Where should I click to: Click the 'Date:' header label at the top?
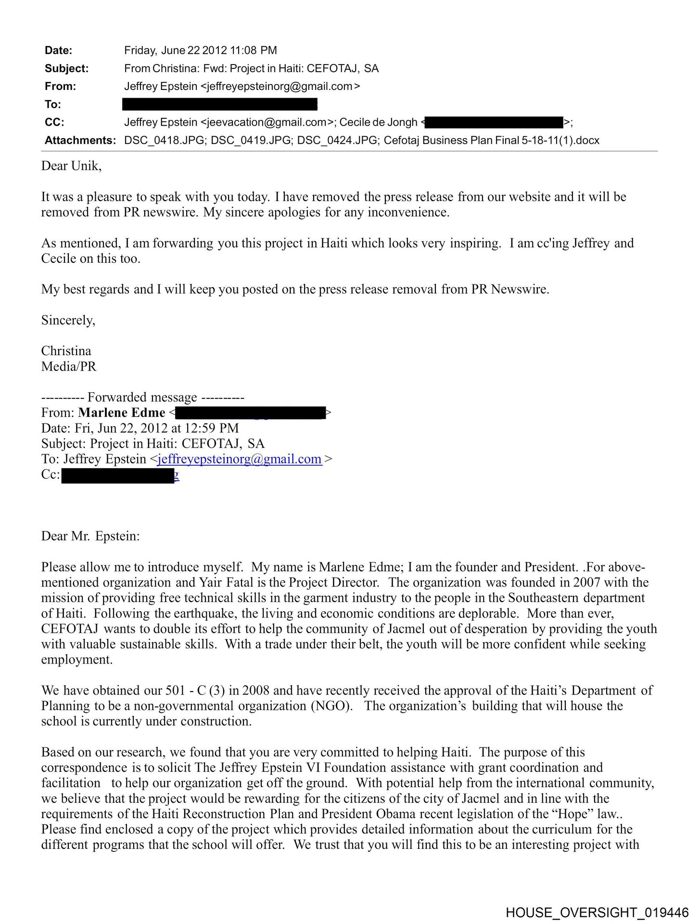coord(58,51)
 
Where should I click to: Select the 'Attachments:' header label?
coord(80,141)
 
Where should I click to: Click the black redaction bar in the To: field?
coord(220,104)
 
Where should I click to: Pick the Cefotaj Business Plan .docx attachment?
coord(491,141)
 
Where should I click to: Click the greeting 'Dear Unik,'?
coord(71,166)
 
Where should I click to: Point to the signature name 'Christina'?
coord(66,351)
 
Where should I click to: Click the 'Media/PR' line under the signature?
coord(69,367)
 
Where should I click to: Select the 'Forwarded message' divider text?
coord(142,398)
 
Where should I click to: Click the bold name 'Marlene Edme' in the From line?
coord(122,413)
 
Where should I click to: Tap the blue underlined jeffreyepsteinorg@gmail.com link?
coord(240,459)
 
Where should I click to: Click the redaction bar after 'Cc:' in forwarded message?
coord(118,475)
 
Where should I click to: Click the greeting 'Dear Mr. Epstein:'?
coord(90,536)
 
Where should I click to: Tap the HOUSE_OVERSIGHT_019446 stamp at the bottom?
coord(597,912)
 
